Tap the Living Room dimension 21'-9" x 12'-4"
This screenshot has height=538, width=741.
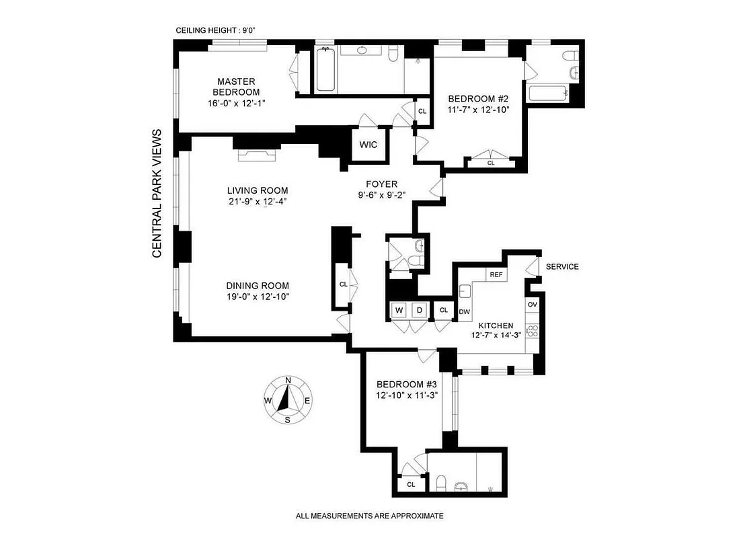pos(257,201)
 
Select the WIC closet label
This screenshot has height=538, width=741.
pos(368,145)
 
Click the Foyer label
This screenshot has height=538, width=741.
pos(381,184)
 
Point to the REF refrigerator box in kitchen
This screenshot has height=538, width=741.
pos(496,274)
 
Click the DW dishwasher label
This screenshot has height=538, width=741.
pos(464,311)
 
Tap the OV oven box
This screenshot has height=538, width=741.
pos(533,305)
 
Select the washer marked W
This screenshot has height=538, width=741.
pos(399,310)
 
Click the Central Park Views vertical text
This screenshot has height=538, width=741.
pos(157,193)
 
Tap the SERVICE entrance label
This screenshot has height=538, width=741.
pos(562,266)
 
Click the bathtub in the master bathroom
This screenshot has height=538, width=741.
pos(324,70)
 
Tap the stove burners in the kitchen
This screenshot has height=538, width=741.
pos(533,330)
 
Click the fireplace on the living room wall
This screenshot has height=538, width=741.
pos(258,155)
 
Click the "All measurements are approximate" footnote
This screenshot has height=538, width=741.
pos(370,516)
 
